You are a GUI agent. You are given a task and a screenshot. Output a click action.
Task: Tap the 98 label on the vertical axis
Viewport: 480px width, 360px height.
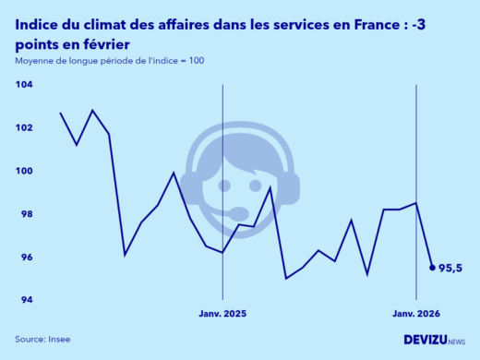coord(25,214)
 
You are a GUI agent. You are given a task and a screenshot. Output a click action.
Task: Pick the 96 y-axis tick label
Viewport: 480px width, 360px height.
coord(25,258)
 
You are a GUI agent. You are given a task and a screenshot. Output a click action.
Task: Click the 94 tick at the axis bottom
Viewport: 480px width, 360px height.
coord(25,301)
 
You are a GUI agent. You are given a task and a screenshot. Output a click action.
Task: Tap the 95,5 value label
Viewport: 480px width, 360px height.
coord(450,269)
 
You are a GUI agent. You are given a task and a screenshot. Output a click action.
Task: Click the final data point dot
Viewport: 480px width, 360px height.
coord(432,268)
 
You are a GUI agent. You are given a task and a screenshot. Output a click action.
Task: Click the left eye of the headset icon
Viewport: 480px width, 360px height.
coord(224,186)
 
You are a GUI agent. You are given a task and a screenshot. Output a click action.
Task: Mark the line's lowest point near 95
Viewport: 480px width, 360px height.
coord(287,278)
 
